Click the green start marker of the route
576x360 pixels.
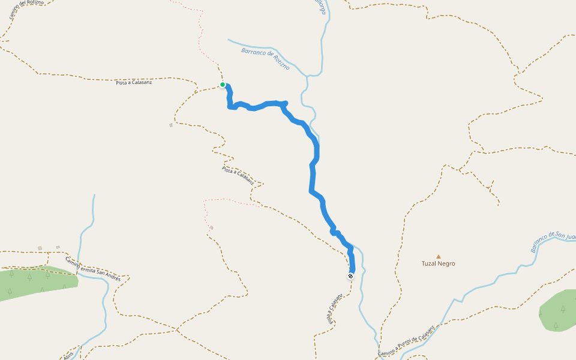[x=223, y=85]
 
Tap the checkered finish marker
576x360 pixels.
[x=350, y=276]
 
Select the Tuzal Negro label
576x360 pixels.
[x=438, y=263]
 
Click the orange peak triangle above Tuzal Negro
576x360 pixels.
[x=438, y=256]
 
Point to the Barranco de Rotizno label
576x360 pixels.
[x=265, y=59]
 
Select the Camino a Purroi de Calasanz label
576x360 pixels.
[x=406, y=341]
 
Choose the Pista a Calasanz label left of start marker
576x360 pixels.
[x=134, y=82]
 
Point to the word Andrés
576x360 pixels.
[x=111, y=277]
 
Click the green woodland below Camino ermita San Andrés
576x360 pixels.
[x=36, y=281]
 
